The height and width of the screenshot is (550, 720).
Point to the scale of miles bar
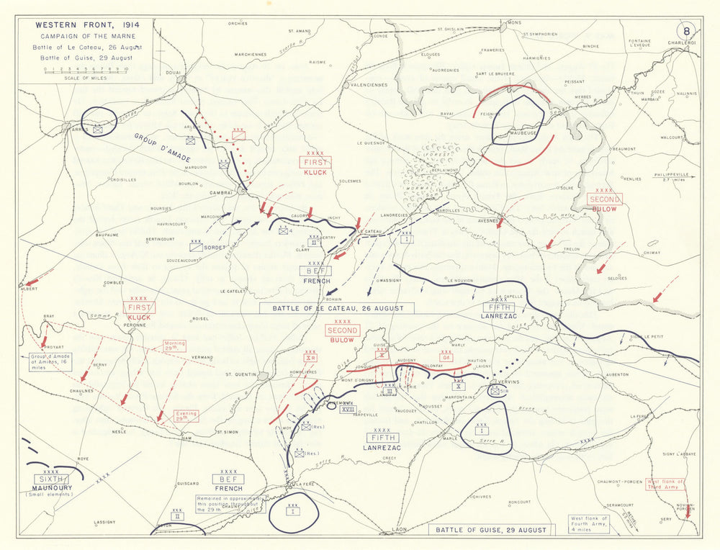85,71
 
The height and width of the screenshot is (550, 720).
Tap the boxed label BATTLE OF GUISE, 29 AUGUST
491,530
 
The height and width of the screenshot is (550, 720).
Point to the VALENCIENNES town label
367,84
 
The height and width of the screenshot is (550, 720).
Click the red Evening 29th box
186,415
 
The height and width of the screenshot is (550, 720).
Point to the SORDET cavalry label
214,246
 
